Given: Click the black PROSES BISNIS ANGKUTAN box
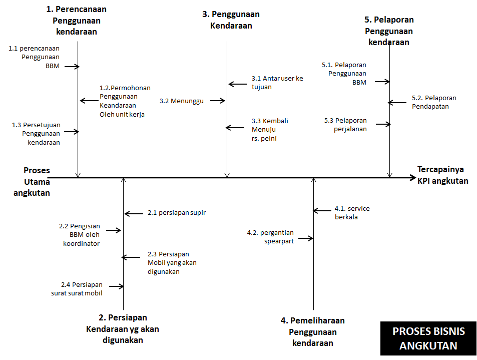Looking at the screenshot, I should [428, 338].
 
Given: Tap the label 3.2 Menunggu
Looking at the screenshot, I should [182, 101].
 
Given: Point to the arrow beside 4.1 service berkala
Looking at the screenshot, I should [323, 211].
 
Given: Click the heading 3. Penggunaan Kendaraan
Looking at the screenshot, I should [231, 20].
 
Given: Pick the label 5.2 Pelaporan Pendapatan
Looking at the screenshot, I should [434, 102].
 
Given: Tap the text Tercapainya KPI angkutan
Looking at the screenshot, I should [443, 175].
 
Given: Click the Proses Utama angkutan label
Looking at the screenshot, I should [32, 182].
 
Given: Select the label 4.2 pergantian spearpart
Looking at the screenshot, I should [270, 236].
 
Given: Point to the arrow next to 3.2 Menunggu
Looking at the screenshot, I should [218, 101].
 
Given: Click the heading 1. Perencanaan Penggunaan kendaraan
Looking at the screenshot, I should [76, 20].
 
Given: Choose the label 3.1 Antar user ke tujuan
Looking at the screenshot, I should [277, 83].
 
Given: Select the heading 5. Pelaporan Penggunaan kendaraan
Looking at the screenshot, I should [389, 31].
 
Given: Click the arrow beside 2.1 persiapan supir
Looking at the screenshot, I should [134, 214].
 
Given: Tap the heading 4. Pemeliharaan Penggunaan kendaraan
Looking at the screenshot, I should [313, 331].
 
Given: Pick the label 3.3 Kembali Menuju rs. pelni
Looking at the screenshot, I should [270, 130].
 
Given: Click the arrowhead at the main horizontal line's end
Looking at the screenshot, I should [412, 177].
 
